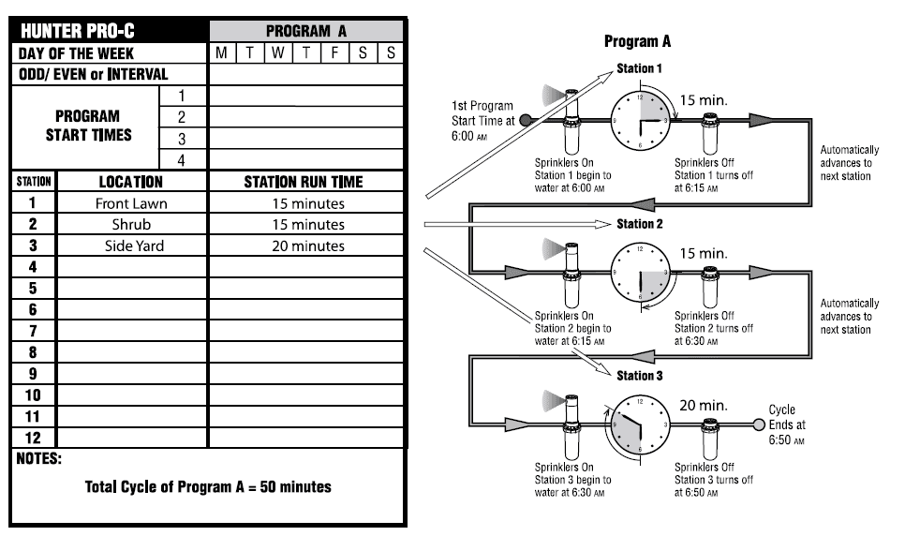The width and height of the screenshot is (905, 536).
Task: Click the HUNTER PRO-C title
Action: click(75, 30)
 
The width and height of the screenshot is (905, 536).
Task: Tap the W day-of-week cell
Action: click(278, 52)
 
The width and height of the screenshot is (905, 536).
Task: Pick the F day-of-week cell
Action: click(334, 52)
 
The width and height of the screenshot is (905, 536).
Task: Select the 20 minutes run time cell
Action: click(308, 246)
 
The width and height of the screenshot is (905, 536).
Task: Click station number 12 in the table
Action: click(33, 437)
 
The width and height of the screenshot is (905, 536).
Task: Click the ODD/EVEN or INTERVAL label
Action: click(93, 74)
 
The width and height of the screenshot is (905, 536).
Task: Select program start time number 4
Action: click(182, 160)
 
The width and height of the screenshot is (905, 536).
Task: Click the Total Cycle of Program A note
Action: click(208, 487)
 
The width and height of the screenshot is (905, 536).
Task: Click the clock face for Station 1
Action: click(640, 120)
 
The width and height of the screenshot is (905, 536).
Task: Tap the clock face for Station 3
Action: click(640, 424)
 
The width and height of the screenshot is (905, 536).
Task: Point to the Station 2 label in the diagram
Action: click(639, 224)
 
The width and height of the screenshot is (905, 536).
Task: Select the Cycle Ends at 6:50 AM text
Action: click(787, 424)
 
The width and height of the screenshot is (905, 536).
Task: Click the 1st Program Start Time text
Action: click(484, 120)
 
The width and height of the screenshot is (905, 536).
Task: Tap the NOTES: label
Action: click(38, 459)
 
